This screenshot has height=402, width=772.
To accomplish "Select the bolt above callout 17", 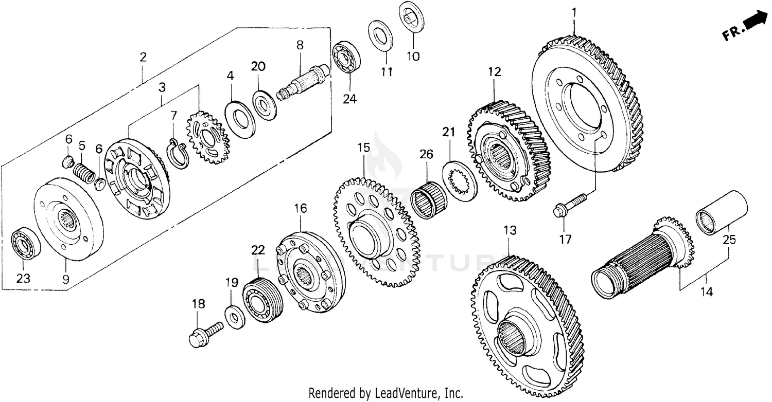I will pos(570,204).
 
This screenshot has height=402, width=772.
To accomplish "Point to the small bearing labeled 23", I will pos(24,246).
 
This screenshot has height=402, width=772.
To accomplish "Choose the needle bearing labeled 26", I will pos(428,200).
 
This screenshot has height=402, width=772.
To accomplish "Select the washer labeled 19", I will pos(235,315).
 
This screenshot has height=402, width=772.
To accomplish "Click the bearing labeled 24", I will pos(345,58).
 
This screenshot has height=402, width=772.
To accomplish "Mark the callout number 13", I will pos(509,231).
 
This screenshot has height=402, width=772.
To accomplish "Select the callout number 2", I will pos(143,57).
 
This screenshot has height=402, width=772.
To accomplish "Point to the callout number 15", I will pos(364,148).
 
